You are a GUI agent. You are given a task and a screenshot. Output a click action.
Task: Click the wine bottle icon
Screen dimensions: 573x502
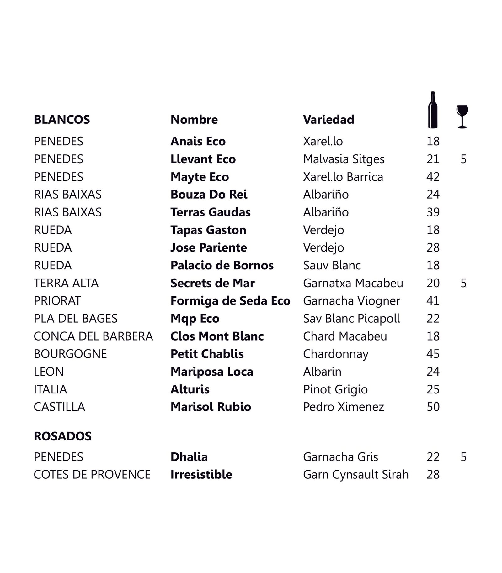point(433,110)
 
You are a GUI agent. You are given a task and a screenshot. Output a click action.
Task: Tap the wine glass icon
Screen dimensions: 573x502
point(462,116)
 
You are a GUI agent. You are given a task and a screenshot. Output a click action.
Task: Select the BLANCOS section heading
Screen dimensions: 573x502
point(62,120)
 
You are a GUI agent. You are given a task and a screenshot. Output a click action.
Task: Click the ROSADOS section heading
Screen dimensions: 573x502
point(62,436)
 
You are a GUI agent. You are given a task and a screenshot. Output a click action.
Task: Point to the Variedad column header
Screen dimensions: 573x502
point(328,120)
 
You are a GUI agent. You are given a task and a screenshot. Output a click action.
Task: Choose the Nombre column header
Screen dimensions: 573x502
point(194,120)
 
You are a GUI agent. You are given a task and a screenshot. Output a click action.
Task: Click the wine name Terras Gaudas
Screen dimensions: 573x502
point(210,212)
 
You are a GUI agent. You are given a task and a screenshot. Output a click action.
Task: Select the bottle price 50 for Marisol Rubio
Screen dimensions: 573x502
point(433,407)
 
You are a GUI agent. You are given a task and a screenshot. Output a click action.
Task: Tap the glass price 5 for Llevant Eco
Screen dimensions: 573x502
point(463,159)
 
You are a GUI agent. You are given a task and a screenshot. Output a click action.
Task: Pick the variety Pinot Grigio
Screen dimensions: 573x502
point(335,389)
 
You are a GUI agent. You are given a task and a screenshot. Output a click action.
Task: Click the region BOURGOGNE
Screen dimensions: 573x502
point(70,354)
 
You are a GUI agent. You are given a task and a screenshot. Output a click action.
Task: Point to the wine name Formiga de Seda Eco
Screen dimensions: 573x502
point(230,301)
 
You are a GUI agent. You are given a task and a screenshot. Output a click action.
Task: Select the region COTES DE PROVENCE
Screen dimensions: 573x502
point(92,475)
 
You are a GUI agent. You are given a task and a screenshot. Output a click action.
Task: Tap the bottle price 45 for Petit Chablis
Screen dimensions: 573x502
point(433,354)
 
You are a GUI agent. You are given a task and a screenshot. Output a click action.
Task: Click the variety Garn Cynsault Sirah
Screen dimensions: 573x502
point(356,475)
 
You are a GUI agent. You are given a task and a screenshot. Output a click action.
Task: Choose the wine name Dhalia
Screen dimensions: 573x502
point(189,457)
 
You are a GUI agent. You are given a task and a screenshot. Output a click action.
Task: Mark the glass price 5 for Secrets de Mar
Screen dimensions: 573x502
point(463,283)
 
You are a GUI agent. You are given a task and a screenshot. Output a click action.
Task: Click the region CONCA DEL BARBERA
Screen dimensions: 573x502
point(93,336)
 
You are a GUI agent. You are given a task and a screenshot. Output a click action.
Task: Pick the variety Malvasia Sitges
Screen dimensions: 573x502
point(344,159)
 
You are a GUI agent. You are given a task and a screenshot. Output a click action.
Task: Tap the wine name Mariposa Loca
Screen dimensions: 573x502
point(212,372)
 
